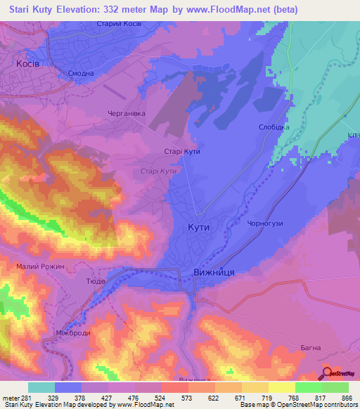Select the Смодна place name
tap(80, 74)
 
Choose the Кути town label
tap(199, 227)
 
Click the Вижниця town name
tap(213, 272)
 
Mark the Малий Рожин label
tap(39, 267)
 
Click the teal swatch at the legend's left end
tap(41, 387)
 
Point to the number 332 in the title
tap(123, 10)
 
